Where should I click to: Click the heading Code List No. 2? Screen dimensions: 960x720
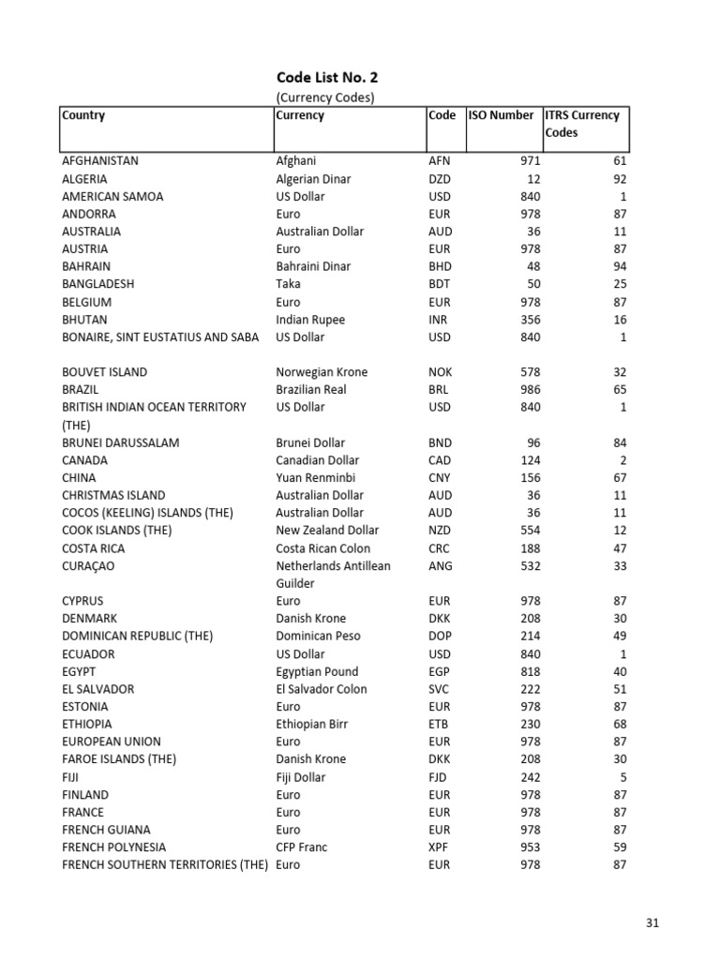click(x=326, y=78)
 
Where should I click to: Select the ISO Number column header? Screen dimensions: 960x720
click(x=501, y=115)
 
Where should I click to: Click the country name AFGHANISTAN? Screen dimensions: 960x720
click(x=100, y=160)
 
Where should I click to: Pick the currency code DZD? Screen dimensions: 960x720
click(x=439, y=178)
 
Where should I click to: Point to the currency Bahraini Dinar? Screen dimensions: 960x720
click(x=313, y=266)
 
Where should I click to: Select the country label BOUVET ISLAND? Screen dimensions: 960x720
click(x=105, y=371)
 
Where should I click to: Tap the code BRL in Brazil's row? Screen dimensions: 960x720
click(x=439, y=389)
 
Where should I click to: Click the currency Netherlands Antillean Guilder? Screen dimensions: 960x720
click(x=333, y=574)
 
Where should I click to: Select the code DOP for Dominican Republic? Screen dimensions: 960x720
click(x=440, y=636)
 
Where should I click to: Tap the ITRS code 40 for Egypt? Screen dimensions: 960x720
click(x=619, y=671)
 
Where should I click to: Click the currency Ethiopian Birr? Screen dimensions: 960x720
click(x=311, y=724)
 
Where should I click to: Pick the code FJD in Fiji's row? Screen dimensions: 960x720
click(x=438, y=776)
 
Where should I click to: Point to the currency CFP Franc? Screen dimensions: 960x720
click(x=302, y=847)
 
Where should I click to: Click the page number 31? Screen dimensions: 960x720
click(x=652, y=922)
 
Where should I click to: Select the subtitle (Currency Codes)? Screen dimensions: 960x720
click(x=325, y=97)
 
